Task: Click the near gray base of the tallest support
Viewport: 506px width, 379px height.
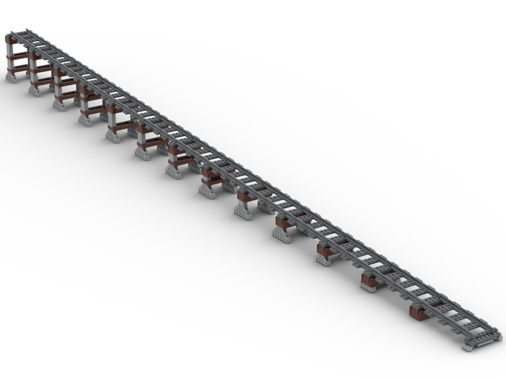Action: pyautogui.click(x=11, y=76)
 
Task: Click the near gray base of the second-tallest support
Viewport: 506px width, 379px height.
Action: pyautogui.click(x=34, y=90)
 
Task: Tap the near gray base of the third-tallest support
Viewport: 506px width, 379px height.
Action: pyautogui.click(x=59, y=105)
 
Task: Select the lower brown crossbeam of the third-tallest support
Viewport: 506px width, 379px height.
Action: pyautogui.click(x=68, y=96)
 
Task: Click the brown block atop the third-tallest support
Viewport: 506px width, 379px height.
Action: pyautogui.click(x=59, y=73)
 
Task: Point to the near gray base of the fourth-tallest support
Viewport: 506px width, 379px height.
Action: pyautogui.click(x=85, y=120)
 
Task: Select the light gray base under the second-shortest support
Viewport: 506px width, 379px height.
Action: pyautogui.click(x=368, y=288)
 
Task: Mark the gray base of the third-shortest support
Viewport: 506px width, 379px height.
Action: pyautogui.click(x=323, y=260)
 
